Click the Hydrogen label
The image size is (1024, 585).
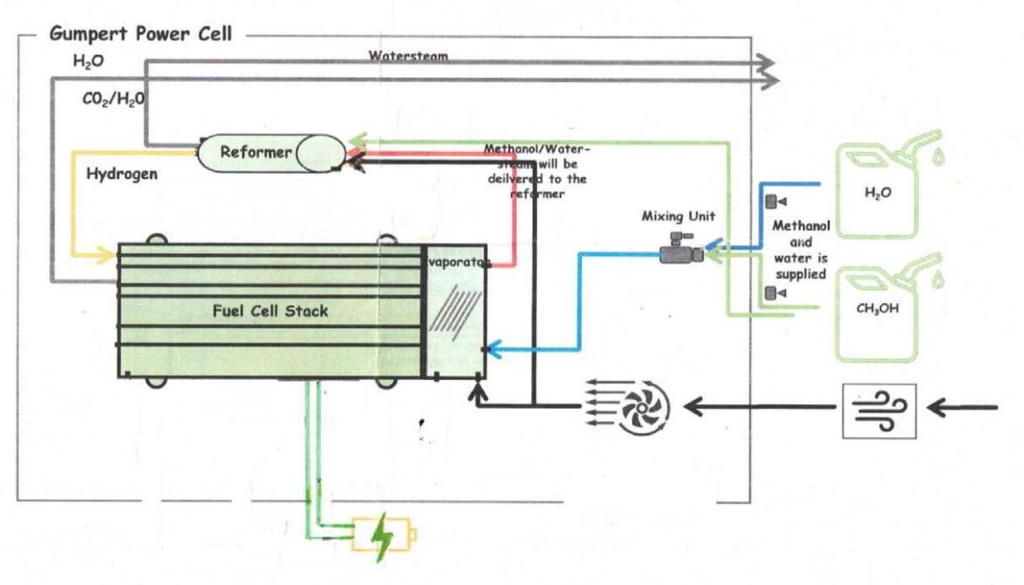[121, 174]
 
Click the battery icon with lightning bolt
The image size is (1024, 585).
[384, 533]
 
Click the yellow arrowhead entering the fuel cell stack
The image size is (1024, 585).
[108, 256]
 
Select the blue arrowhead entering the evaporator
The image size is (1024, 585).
[494, 351]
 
